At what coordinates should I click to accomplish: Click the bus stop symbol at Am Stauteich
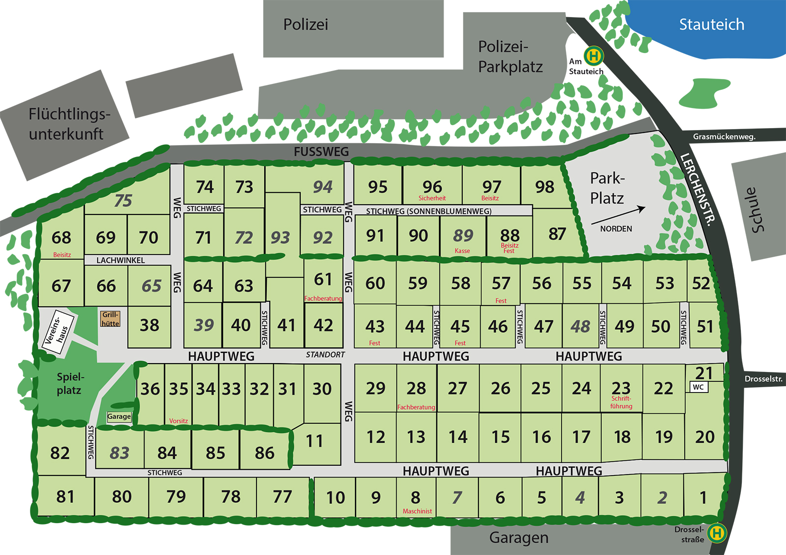593,55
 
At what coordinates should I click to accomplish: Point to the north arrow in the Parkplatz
618,216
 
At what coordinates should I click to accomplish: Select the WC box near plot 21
698,387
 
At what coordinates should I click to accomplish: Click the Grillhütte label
110,319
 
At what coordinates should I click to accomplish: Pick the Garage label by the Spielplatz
119,417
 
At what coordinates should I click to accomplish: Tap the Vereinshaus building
58,332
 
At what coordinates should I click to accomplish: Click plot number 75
123,200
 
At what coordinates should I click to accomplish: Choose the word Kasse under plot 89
462,251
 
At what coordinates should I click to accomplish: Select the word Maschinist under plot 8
417,511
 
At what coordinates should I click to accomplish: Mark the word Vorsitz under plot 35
178,421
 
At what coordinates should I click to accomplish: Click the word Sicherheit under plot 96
432,198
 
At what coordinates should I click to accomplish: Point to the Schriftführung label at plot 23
621,402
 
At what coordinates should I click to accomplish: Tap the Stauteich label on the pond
711,25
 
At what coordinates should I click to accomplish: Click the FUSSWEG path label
321,152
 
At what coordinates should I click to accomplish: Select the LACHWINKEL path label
120,260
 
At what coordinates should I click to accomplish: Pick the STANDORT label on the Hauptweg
325,354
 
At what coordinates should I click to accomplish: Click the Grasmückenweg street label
724,136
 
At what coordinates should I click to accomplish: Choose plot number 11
314,441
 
